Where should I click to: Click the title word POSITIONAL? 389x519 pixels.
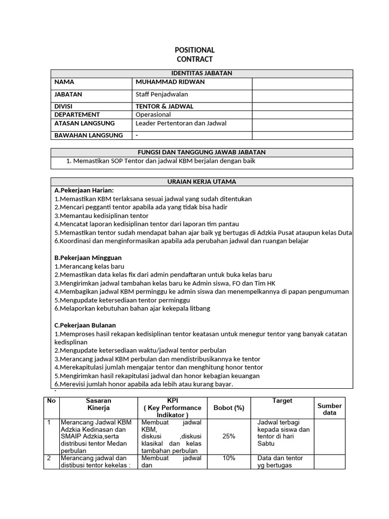tap(194, 50)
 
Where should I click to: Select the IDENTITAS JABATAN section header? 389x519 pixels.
tap(202, 73)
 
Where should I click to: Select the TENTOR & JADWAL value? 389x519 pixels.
tap(165, 106)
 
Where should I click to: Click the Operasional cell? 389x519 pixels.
tap(153, 115)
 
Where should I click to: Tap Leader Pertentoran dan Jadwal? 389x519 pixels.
tap(181, 123)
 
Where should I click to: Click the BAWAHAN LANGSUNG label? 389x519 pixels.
tap(89, 135)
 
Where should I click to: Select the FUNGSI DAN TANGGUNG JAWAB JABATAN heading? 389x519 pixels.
tap(202, 152)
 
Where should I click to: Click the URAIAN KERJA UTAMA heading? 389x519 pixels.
tap(202, 181)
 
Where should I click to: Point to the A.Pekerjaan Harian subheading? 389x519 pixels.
tap(84, 190)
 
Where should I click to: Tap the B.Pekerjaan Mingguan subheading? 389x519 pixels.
tap(88, 257)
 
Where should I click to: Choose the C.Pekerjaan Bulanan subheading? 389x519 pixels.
tap(85, 325)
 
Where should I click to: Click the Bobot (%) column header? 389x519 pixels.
tap(228, 407)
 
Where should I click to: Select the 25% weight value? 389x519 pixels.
tap(228, 436)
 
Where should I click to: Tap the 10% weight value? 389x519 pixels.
tap(228, 458)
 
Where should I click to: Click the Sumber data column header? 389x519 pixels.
tap(329, 409)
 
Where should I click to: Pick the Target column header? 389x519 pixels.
tap(282, 400)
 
